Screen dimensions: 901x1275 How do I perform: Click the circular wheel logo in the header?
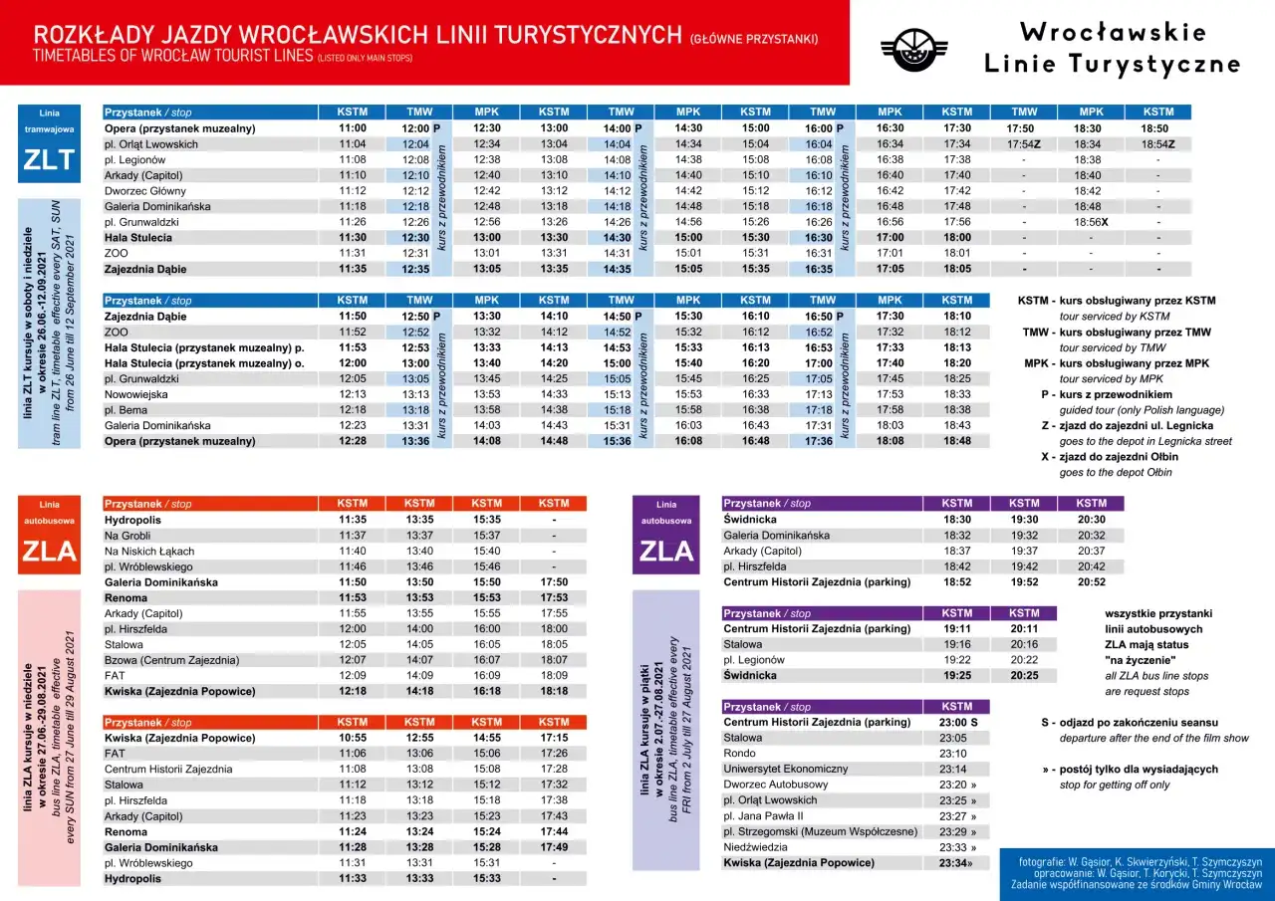point(913,49)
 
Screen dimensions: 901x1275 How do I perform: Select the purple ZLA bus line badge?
point(666,536)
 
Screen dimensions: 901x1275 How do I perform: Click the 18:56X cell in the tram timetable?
point(1091,222)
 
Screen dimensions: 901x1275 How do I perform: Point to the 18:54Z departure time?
point(1157,144)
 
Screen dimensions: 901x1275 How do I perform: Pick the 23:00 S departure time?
point(958,723)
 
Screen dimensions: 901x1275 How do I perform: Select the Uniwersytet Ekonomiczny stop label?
point(785,770)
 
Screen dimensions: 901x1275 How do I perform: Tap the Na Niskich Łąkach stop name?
point(149,552)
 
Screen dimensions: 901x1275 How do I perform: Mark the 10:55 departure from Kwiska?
point(353,739)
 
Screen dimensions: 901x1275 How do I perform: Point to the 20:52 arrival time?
point(1091,582)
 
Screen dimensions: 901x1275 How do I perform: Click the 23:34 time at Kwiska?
point(954,863)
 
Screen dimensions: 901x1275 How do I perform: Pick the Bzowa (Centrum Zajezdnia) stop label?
point(171,660)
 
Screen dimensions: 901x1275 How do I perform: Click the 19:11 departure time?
point(956,629)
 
